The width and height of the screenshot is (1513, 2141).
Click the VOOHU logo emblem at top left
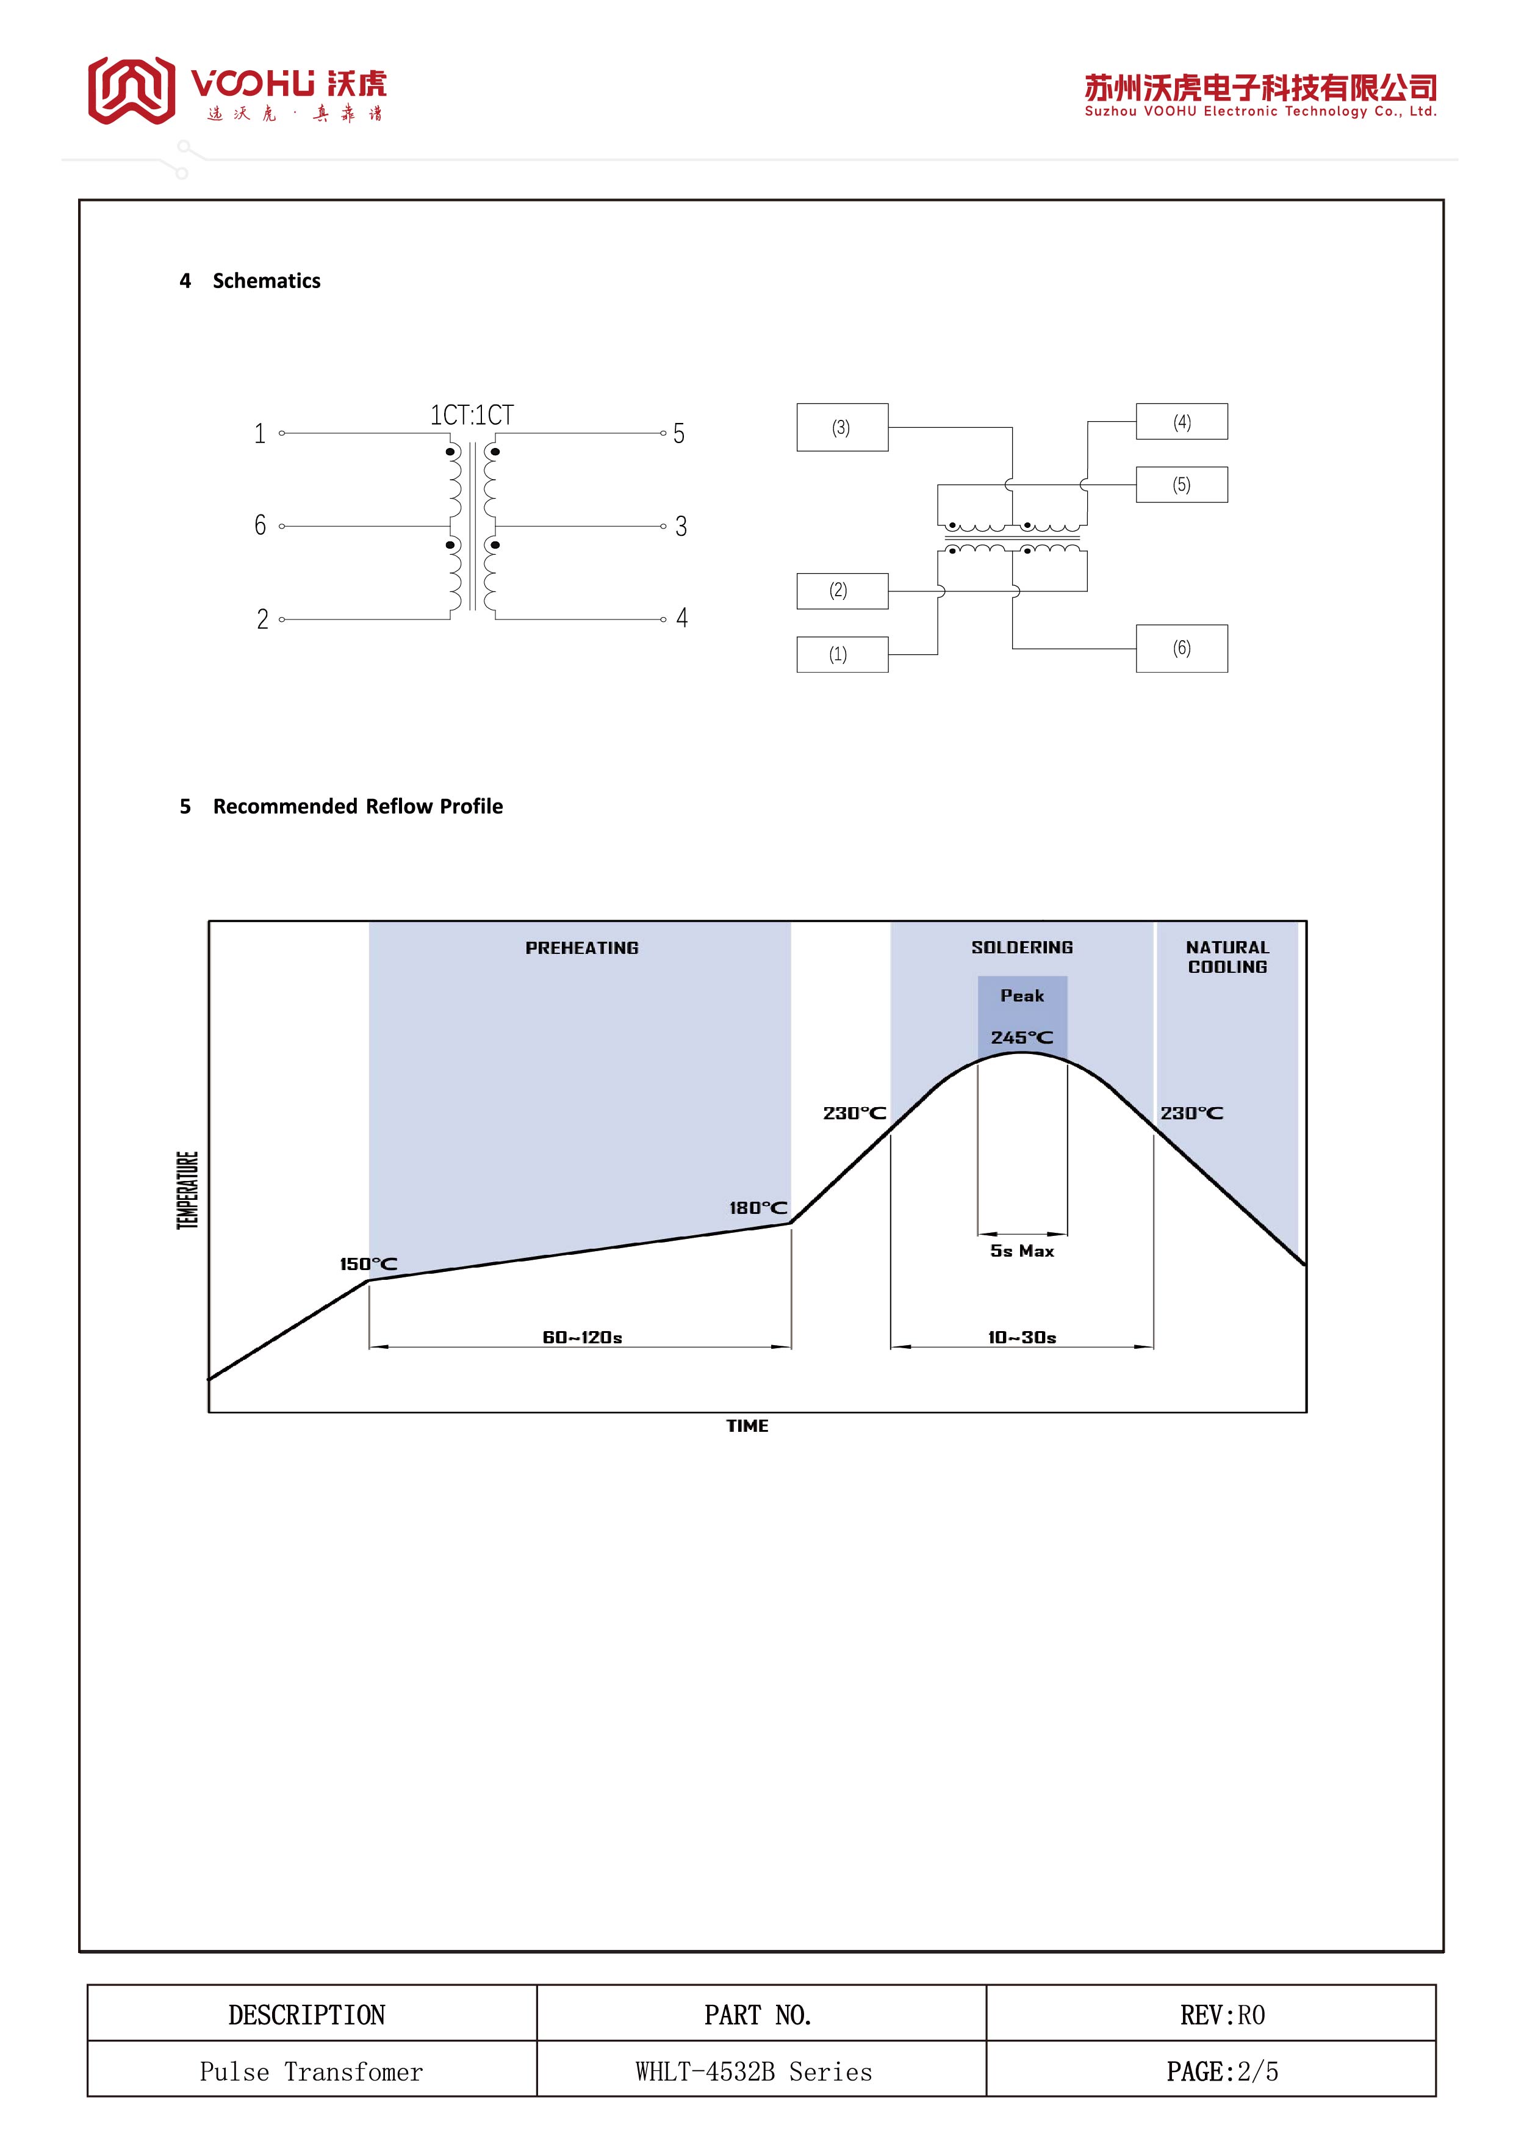[131, 90]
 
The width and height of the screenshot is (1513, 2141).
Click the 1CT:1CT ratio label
[472, 415]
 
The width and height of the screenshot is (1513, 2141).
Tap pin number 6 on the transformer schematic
[260, 526]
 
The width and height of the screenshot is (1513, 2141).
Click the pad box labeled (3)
[842, 428]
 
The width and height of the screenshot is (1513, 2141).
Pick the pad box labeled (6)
[1181, 649]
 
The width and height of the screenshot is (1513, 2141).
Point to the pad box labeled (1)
[842, 655]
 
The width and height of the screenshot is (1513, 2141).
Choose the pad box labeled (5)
[1181, 485]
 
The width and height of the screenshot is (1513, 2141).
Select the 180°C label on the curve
[758, 1208]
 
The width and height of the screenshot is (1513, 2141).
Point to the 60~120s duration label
[581, 1338]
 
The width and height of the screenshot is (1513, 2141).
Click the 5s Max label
[1022, 1251]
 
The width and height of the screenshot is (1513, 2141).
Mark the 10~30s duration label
[1022, 1338]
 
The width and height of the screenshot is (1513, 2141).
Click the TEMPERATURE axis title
[187, 1191]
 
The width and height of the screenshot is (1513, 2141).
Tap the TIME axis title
[747, 1426]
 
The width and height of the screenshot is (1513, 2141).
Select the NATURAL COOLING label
[1227, 958]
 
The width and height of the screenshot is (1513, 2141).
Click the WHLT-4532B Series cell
[753, 2072]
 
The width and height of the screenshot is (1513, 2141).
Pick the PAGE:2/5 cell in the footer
[1221, 2072]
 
